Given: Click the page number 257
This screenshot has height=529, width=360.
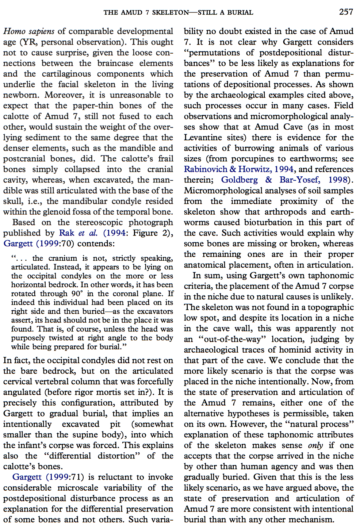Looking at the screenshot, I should (x=346, y=12).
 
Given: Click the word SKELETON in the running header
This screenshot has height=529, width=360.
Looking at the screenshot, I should (x=171, y=12).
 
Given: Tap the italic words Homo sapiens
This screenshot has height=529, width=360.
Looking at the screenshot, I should (x=29, y=31).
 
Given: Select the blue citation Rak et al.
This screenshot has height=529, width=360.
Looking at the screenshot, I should (x=78, y=233).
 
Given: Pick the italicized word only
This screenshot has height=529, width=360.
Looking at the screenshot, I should (x=315, y=445).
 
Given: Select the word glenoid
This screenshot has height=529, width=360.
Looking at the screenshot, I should (x=88, y=212).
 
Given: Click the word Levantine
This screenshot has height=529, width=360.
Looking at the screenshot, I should (x=203, y=138).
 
